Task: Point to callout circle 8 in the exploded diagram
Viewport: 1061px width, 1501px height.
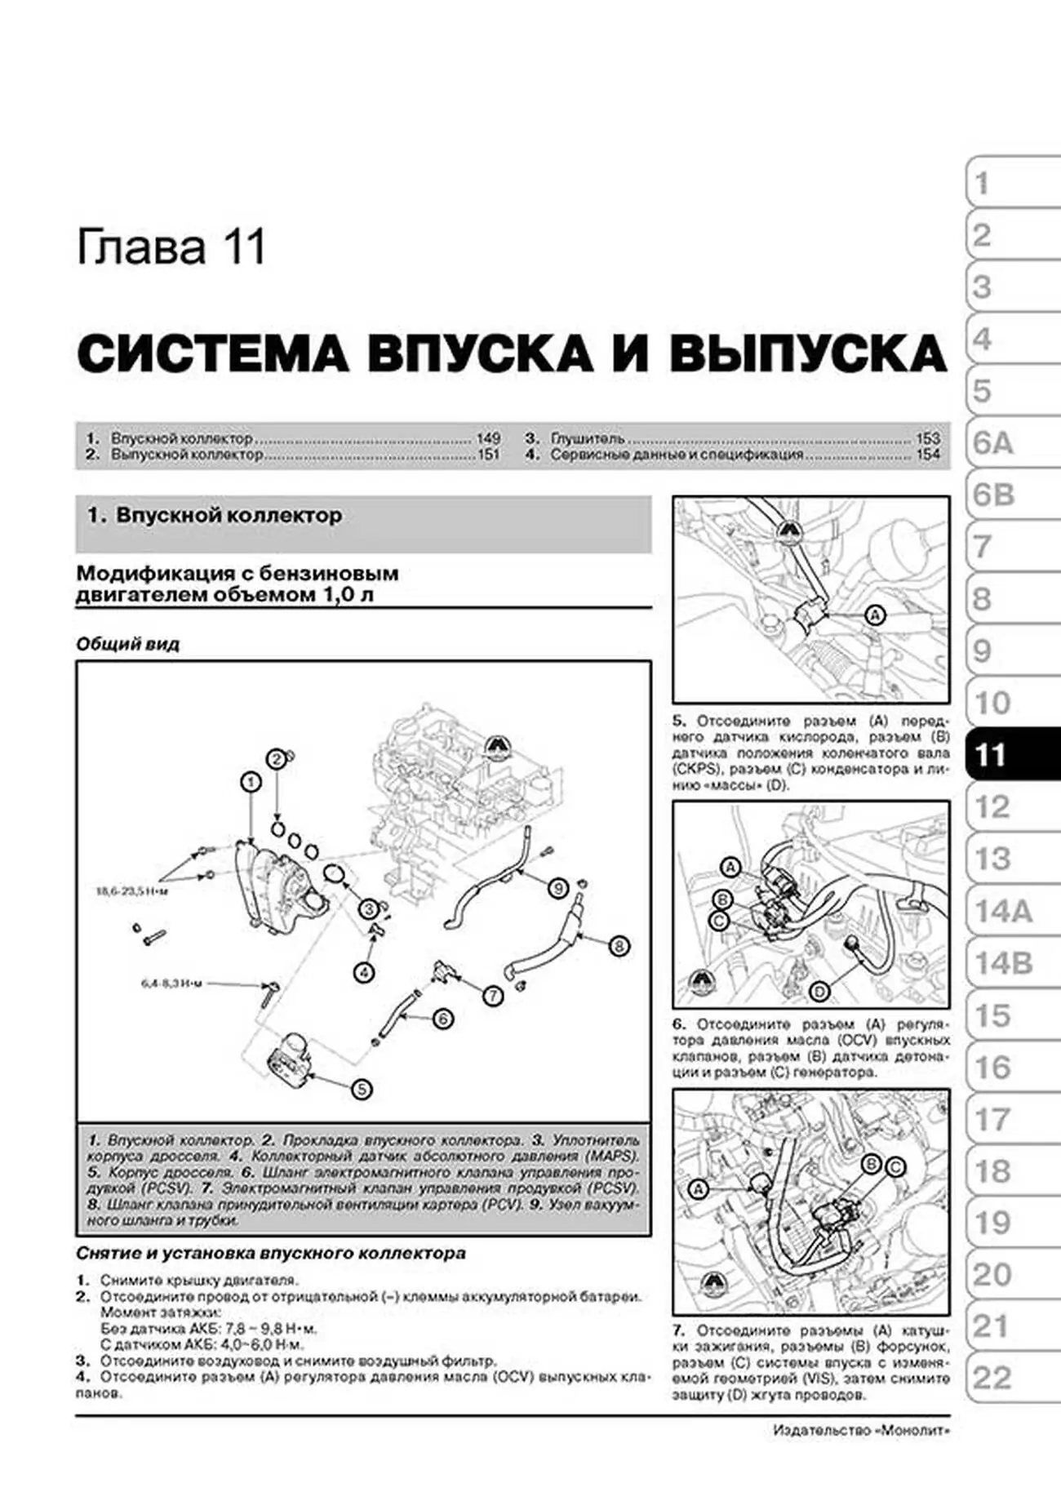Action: [619, 946]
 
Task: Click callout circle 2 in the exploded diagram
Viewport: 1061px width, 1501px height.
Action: [277, 759]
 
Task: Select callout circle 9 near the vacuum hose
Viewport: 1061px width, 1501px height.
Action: [558, 887]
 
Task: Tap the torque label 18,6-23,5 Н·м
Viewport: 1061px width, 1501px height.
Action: [131, 891]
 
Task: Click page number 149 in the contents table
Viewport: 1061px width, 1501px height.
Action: [487, 438]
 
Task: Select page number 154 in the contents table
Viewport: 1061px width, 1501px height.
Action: [928, 455]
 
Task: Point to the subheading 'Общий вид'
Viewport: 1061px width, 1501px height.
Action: [127, 644]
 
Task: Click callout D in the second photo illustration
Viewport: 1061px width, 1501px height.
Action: [819, 992]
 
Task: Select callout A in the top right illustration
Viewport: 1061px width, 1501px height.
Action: [874, 615]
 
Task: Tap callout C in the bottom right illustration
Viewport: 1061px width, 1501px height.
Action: [895, 1167]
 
